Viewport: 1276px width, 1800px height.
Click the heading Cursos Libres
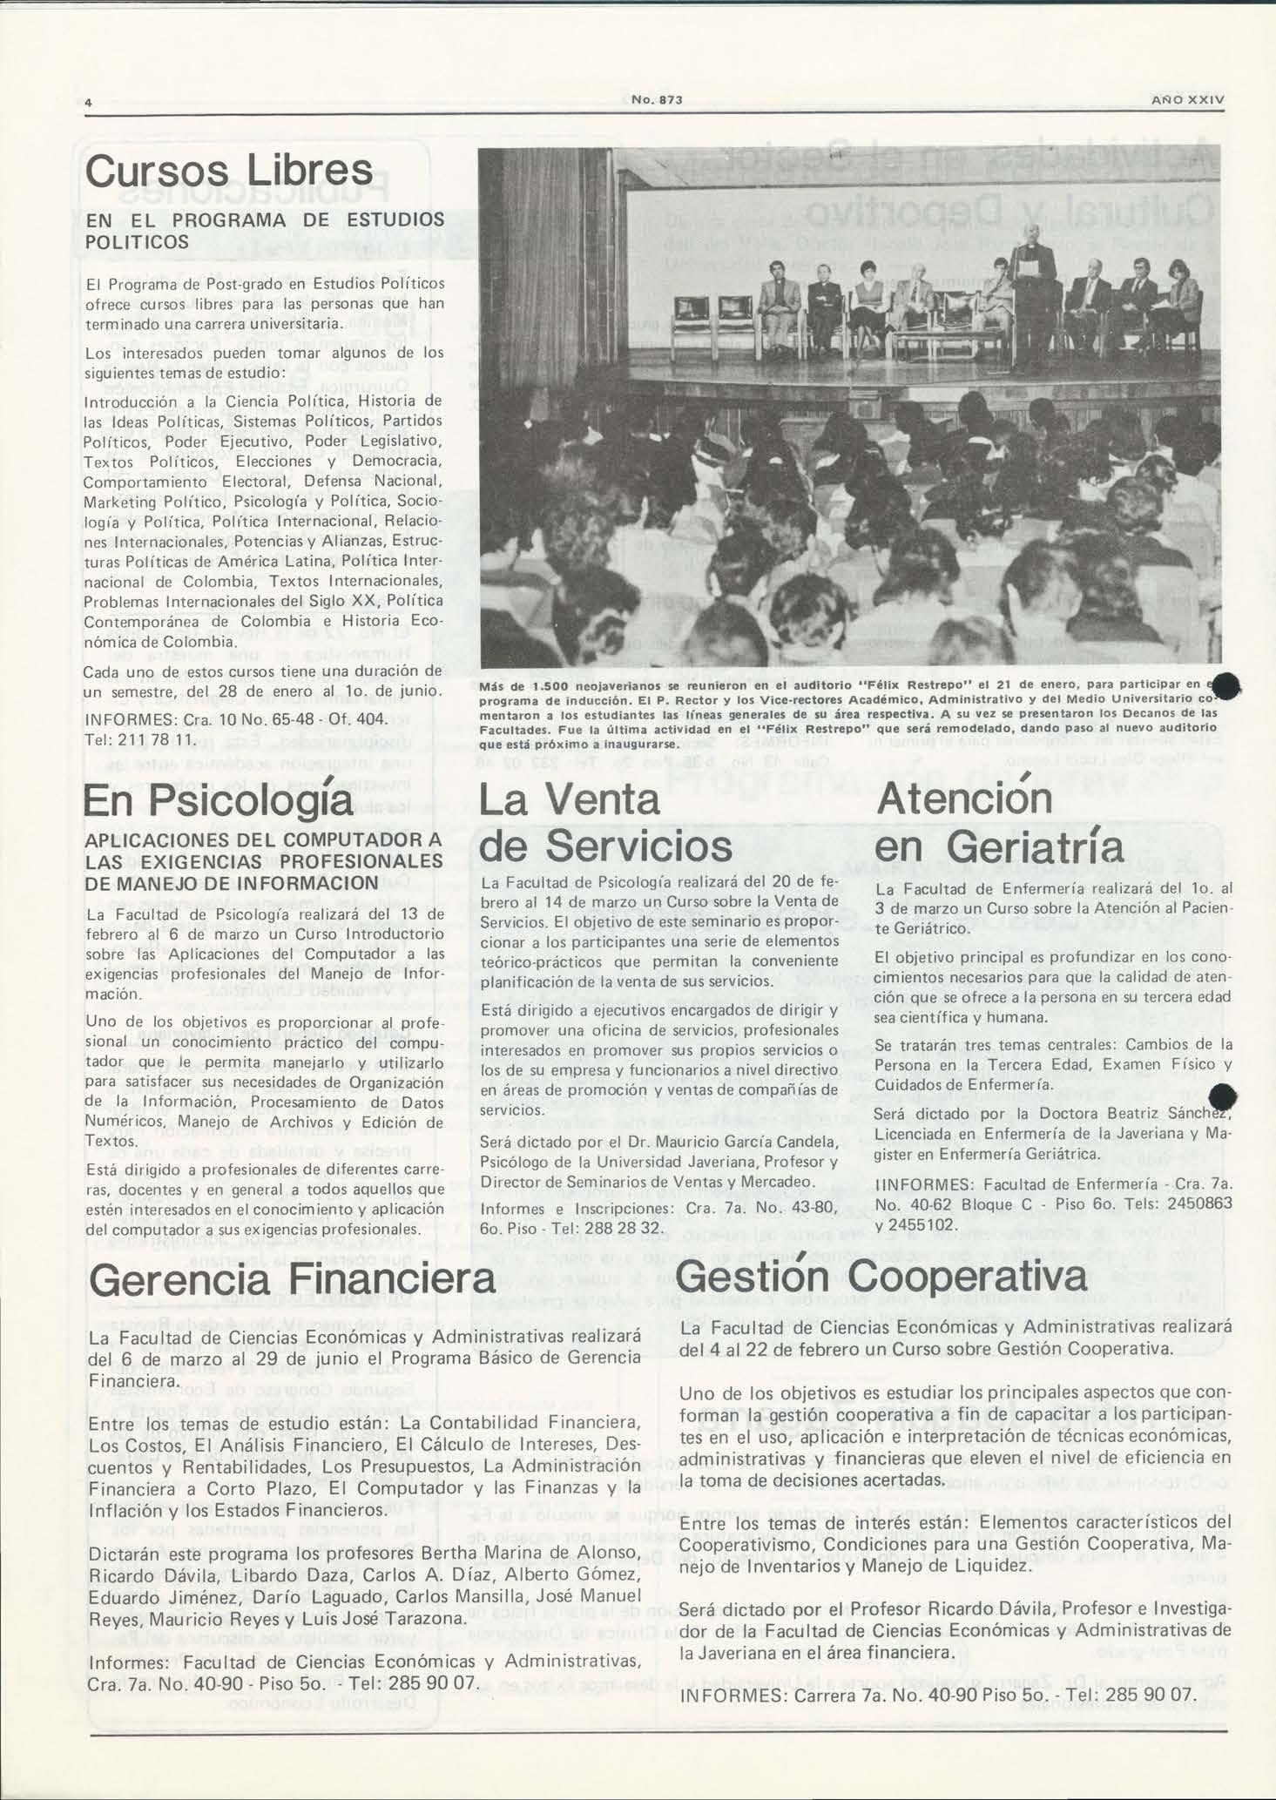[x=228, y=172]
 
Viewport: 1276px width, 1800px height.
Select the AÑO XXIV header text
[x=1187, y=100]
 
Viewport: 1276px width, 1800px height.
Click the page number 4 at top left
[x=88, y=102]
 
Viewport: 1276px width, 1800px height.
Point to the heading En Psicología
[x=218, y=801]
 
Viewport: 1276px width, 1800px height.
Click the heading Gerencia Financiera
[x=292, y=1279]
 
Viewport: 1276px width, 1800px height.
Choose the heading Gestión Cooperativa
[x=881, y=1277]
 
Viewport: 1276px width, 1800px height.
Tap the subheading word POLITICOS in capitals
[x=137, y=242]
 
